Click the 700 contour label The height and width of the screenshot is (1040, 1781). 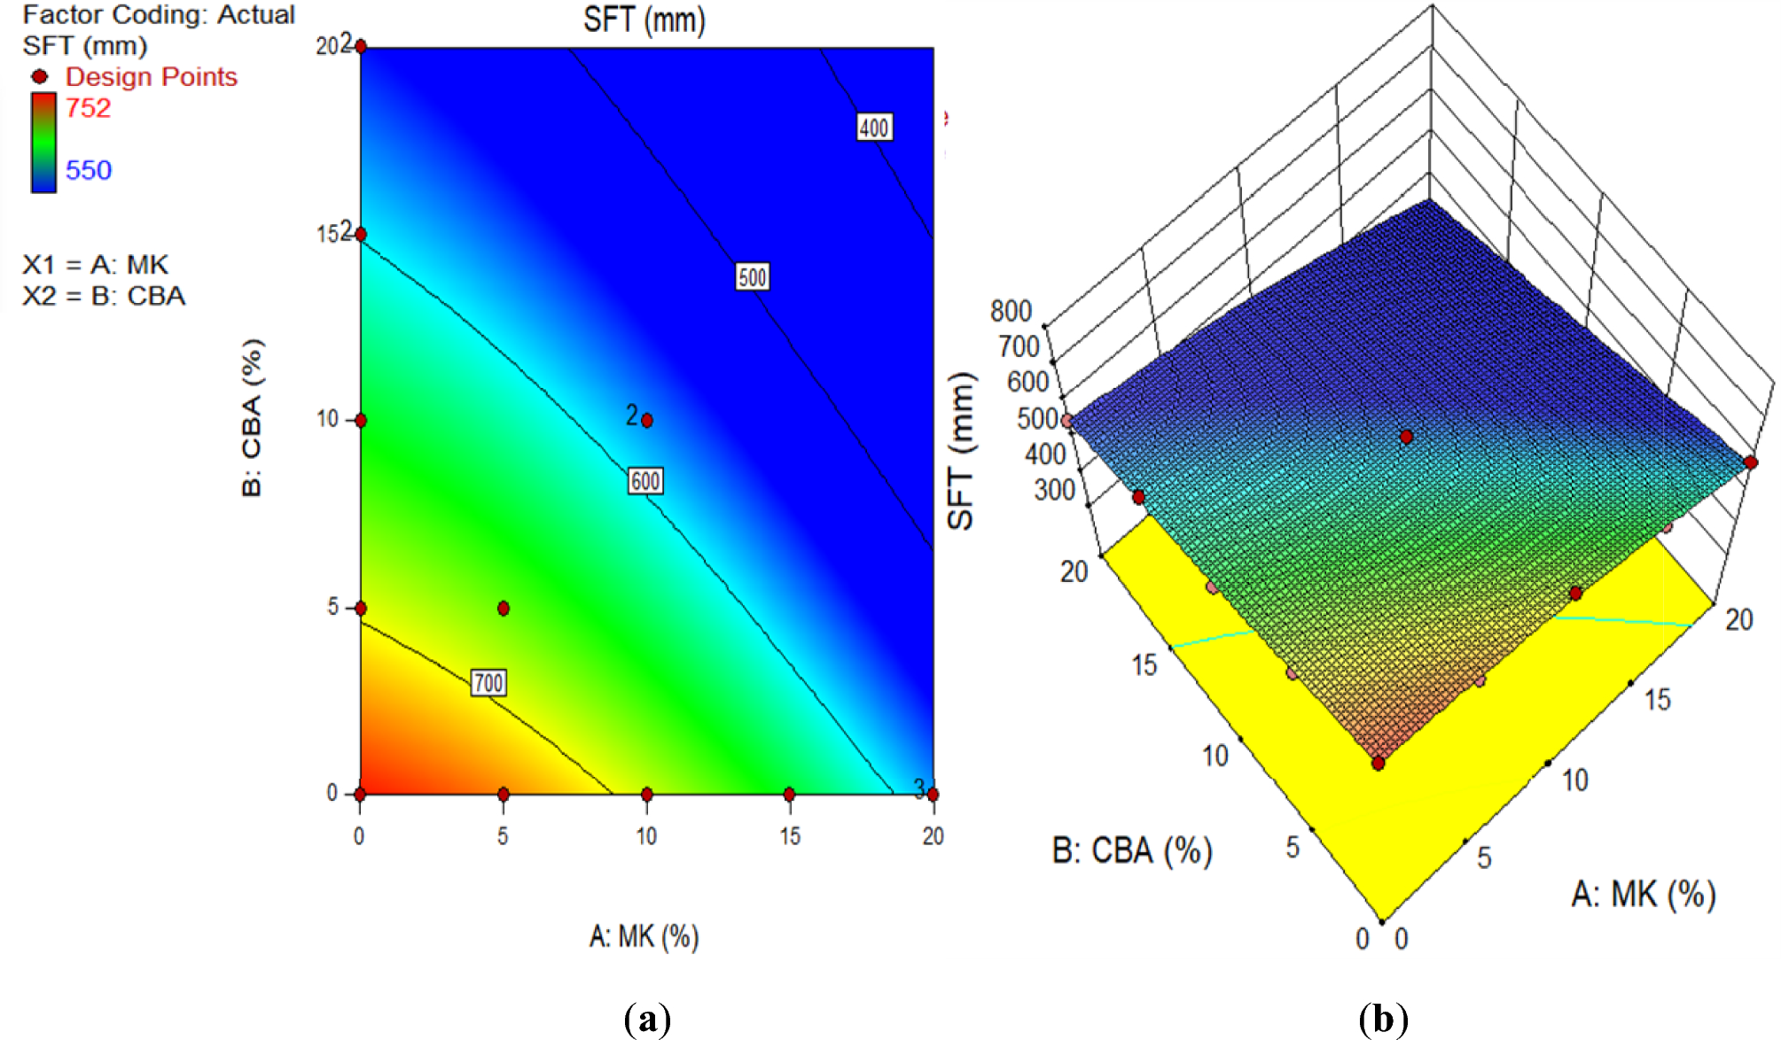click(488, 682)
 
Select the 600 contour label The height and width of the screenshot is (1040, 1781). click(644, 481)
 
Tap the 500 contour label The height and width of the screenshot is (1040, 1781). click(752, 277)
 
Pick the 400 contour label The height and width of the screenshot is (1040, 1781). click(873, 128)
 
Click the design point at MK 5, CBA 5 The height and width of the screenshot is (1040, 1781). click(503, 608)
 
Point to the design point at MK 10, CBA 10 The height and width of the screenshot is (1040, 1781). click(646, 420)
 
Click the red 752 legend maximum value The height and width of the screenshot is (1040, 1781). click(88, 108)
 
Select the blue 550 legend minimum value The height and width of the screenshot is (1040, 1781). click(88, 170)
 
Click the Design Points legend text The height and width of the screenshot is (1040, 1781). click(151, 77)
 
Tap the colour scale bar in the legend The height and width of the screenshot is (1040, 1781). click(43, 142)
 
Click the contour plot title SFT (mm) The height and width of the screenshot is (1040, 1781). click(644, 19)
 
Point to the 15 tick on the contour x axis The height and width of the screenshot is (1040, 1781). click(789, 835)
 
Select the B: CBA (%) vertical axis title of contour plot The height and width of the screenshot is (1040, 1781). click(252, 416)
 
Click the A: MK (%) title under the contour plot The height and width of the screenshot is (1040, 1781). click(644, 935)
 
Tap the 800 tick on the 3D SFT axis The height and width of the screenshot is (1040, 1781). click(1011, 311)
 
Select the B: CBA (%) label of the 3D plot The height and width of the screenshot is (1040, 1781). click(1131, 850)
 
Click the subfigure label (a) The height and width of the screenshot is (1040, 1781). click(646, 1019)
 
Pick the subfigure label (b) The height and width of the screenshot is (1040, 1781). click(1382, 1019)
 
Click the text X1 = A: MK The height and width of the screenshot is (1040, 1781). click(95, 265)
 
